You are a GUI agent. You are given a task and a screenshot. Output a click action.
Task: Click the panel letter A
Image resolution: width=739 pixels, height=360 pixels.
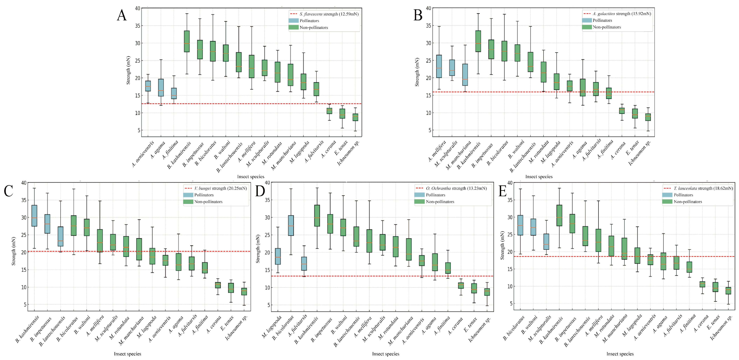tap(122, 15)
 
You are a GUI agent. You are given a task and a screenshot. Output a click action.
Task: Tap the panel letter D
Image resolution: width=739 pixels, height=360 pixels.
tap(260, 191)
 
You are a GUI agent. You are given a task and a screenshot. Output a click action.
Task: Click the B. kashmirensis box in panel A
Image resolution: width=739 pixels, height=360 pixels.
tap(187, 41)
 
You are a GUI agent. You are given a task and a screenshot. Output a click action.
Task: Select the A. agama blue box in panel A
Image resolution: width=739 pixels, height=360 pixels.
tap(161, 87)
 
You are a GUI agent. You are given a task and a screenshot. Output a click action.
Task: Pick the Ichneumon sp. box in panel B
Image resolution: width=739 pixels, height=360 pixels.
tap(648, 117)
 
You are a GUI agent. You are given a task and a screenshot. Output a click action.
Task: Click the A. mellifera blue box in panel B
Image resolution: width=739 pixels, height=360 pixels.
tap(439, 66)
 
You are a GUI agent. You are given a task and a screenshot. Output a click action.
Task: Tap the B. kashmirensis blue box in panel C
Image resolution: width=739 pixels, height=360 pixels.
tap(34, 216)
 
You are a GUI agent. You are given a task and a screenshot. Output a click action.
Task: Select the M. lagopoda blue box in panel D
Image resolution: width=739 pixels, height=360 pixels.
tap(278, 256)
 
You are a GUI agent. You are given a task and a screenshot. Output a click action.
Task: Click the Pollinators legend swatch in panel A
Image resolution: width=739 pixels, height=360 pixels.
tap(293, 21)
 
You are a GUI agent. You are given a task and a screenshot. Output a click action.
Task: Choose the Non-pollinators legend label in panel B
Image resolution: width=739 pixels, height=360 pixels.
tap(607, 27)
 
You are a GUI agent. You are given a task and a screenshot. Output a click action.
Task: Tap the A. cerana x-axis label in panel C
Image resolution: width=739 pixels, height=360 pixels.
tap(214, 324)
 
